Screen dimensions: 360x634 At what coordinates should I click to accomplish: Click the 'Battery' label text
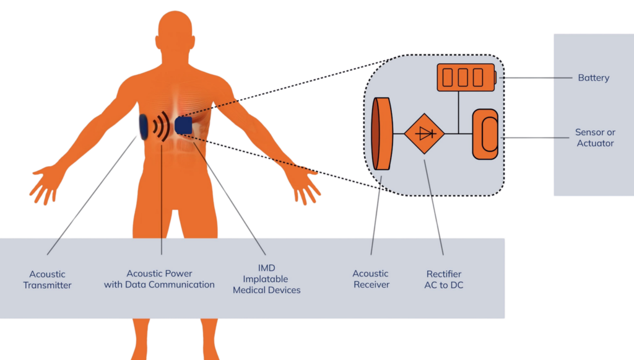pos(593,78)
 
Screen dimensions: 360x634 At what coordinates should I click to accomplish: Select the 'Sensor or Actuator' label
pos(594,138)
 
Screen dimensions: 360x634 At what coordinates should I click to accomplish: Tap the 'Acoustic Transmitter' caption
pos(48,279)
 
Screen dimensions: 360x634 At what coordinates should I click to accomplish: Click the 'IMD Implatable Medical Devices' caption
pos(266,279)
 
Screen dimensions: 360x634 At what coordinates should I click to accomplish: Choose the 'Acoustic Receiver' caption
pos(371,279)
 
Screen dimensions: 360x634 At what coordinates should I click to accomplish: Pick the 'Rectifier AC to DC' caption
pos(444,279)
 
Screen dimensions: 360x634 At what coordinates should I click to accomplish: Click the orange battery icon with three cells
pos(466,77)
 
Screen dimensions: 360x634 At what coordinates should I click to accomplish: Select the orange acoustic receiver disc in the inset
pos(383,133)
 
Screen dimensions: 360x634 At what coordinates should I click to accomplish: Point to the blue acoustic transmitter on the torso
pos(143,126)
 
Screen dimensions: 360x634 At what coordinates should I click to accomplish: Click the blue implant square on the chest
pos(183,125)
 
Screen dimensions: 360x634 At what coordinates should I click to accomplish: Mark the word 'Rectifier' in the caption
pos(444,273)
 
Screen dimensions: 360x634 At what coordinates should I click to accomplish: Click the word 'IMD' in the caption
pos(266,268)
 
